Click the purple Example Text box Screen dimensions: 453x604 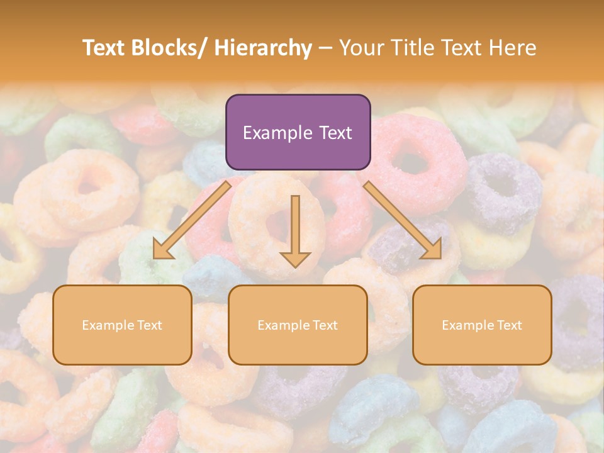[x=298, y=132]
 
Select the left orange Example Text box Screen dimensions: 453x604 [x=122, y=325]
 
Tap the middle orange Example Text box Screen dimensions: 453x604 [x=298, y=325]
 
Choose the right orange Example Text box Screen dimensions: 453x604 [x=482, y=325]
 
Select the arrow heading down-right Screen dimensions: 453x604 [x=403, y=220]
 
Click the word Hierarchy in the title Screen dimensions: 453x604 [x=263, y=48]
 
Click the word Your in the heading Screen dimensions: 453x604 [x=363, y=48]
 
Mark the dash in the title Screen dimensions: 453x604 [x=325, y=48]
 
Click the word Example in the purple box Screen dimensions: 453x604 [x=277, y=133]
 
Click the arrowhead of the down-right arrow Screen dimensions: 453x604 [x=433, y=250]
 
